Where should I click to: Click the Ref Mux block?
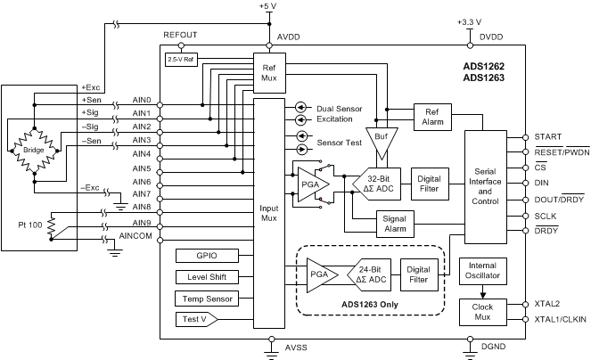[268, 70]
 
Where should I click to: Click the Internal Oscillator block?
[482, 271]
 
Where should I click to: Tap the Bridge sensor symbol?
[34, 149]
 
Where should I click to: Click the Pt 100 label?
[27, 225]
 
